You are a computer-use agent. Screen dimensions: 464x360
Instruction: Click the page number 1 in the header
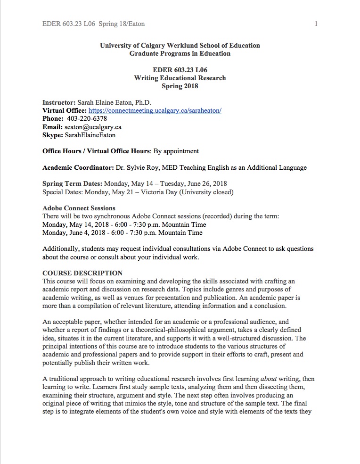pos(316,24)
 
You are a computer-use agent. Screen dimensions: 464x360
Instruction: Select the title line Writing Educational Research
pos(180,78)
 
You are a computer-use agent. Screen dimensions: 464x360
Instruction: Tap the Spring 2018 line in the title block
pos(180,86)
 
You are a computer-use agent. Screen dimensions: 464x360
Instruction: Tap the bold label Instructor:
pos(58,102)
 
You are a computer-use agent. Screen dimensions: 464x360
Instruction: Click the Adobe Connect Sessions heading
pos(79,208)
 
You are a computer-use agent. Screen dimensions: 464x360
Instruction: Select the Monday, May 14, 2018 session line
pos(124,224)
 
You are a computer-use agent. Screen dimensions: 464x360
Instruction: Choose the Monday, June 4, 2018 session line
pos(122,232)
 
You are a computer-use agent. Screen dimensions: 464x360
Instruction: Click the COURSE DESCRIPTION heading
pos(82,273)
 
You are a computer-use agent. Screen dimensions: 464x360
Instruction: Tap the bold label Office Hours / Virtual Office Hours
pos(96,151)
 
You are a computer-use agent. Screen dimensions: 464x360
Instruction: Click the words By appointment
pos(176,151)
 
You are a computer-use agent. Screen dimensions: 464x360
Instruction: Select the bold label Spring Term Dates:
pos(72,183)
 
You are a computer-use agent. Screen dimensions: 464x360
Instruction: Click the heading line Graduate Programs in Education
pos(180,53)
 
